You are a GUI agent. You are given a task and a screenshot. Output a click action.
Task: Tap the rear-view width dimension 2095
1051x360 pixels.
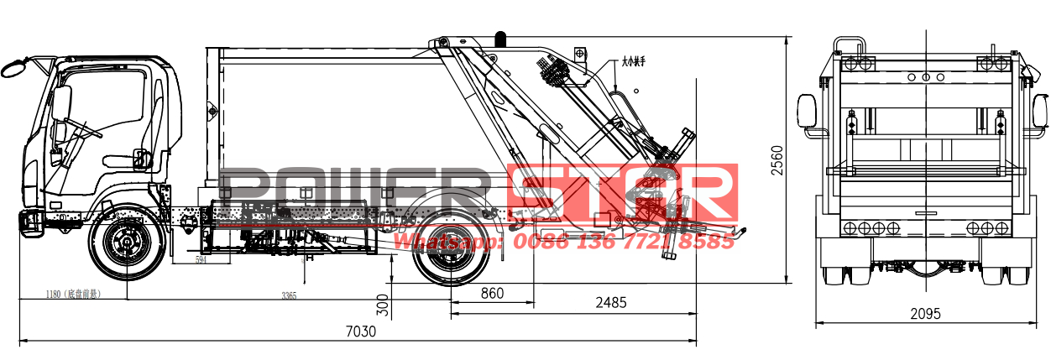coord(924,313)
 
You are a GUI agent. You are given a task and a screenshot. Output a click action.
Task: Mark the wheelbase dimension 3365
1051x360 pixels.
coord(289,295)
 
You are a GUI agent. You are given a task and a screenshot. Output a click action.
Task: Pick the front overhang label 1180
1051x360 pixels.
coord(72,295)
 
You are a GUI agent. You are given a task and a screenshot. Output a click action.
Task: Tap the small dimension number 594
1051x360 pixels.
coord(201,261)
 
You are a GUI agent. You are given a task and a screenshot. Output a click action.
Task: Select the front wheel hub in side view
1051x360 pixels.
coord(128,246)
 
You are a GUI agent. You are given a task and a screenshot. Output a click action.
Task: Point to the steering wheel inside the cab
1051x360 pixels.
coord(81,126)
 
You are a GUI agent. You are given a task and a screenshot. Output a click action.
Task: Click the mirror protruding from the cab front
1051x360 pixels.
coord(13,67)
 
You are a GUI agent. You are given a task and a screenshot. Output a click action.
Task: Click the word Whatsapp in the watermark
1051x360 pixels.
coord(445,242)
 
